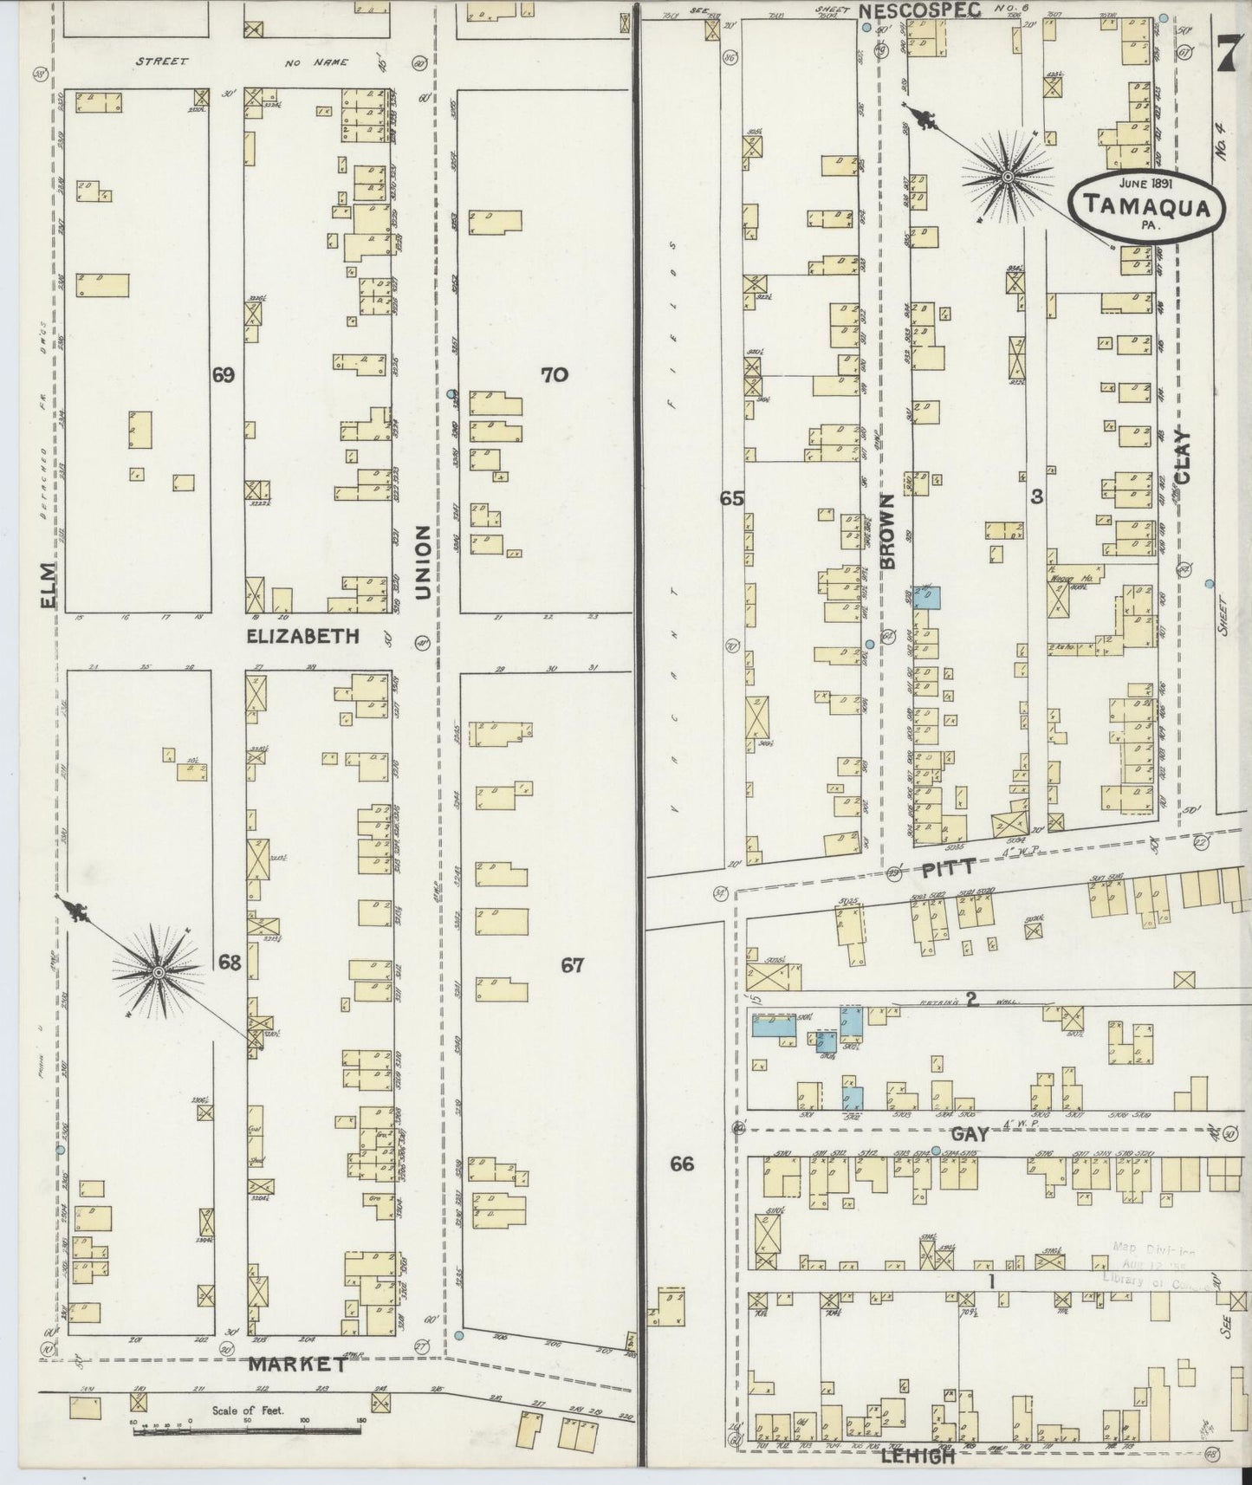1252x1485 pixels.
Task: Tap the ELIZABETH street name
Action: point(302,637)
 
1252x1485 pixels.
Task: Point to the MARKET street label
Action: point(297,1365)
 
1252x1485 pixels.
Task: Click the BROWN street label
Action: point(886,532)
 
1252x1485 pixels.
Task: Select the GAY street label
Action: point(970,1134)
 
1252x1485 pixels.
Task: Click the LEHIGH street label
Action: point(918,1457)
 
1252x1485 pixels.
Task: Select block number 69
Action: point(224,375)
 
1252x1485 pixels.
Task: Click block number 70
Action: point(554,375)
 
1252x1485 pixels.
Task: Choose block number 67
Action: point(572,965)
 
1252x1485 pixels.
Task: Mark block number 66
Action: point(682,1164)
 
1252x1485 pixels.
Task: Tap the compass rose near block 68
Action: point(159,973)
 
